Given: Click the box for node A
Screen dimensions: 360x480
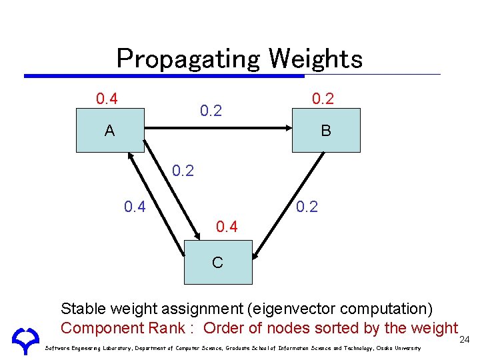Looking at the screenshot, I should (x=109, y=131).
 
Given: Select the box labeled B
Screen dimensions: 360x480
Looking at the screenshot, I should (x=326, y=131).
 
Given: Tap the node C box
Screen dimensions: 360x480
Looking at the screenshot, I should (x=217, y=262).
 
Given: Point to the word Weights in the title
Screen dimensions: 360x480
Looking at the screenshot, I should (x=315, y=59).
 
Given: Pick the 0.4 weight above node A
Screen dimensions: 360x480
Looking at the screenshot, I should (x=107, y=99).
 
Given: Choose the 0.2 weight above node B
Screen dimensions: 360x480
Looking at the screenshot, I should (x=323, y=99).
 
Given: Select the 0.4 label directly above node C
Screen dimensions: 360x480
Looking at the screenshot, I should (x=227, y=227).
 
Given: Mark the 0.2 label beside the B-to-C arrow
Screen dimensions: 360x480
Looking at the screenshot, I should (x=307, y=207).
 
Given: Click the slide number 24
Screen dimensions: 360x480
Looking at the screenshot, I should (x=465, y=340).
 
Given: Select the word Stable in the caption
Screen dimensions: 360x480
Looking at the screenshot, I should (x=81, y=309).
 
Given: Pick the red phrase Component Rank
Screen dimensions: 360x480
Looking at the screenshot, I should (x=125, y=328).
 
